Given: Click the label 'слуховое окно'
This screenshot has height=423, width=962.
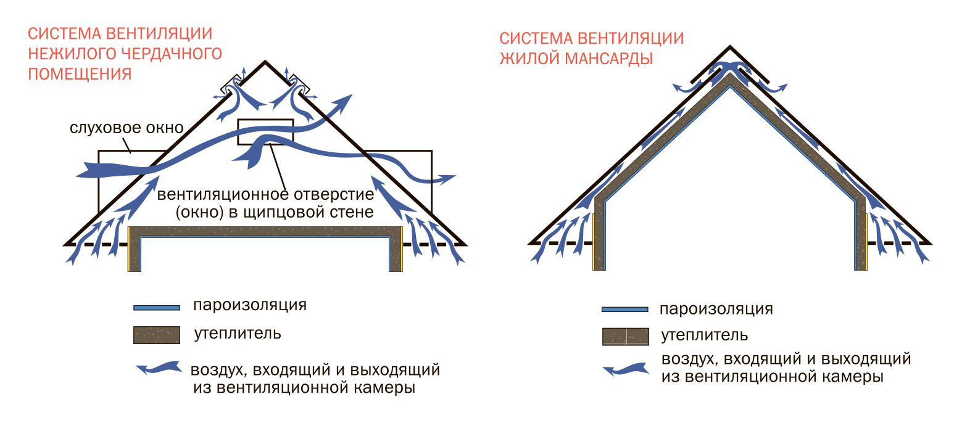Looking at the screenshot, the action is pos(126,128).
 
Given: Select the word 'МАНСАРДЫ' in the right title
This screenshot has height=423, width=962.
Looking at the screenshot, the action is pos(609,59).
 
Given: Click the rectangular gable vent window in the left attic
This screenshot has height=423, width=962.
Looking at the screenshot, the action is pos(265,132).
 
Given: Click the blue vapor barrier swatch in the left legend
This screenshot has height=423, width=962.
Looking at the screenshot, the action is pos(157,308).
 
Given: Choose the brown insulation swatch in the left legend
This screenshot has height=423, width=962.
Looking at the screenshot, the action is pos(157,335).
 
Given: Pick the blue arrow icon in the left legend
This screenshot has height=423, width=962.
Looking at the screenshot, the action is pos(159,368).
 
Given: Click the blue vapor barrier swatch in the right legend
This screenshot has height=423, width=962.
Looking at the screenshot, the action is pos(625,310).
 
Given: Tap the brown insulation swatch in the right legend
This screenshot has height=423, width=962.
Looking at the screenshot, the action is pos(625,337).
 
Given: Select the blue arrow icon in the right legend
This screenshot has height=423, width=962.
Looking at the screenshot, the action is pos(626,369).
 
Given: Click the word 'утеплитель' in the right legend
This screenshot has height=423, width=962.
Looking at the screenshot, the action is pos(704,335).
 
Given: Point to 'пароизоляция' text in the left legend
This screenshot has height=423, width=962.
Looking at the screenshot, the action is pos(250,305).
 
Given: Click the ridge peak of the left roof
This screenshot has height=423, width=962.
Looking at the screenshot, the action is pos(265,61).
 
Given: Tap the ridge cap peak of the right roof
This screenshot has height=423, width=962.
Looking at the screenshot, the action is pos(729,46).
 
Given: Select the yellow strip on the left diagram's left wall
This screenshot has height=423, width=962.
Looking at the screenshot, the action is pos(128,249).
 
